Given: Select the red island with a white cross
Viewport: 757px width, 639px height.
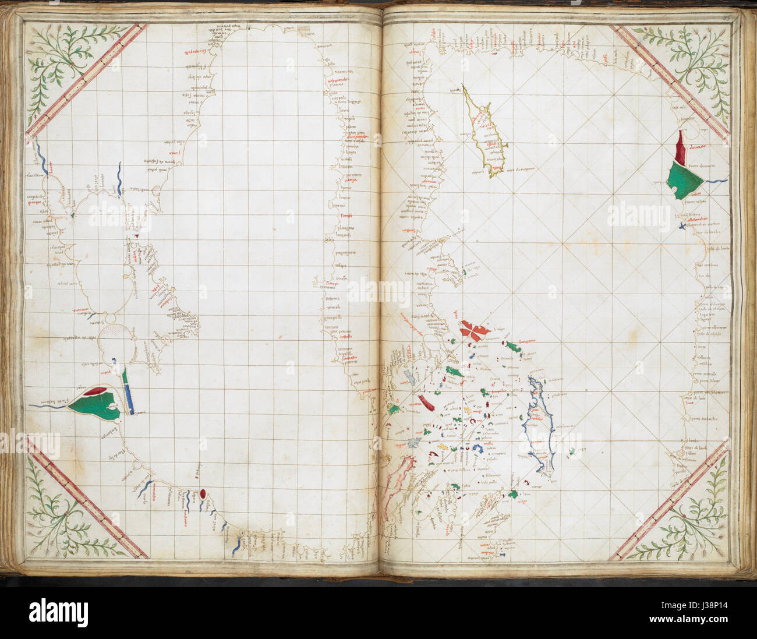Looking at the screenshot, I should tap(474, 330).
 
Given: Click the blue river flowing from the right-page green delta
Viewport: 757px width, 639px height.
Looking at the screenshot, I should tap(717, 181).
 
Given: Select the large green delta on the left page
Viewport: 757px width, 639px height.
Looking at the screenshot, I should tap(96, 406).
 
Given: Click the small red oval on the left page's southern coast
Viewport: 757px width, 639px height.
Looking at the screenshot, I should tap(202, 494).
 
